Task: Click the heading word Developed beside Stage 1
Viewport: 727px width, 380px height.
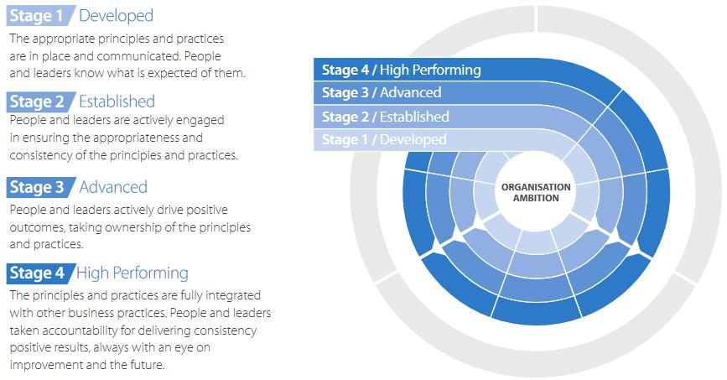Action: coord(116,16)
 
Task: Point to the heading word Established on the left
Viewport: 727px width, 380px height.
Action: coord(117,102)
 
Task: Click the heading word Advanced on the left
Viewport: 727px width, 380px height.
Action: coord(113,187)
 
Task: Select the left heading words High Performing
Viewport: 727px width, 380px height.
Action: coord(132,273)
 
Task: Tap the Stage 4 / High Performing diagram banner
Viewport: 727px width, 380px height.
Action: coord(401,70)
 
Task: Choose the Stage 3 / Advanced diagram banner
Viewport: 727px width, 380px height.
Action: coord(382,93)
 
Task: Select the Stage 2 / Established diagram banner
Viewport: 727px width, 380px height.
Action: coord(386,117)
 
